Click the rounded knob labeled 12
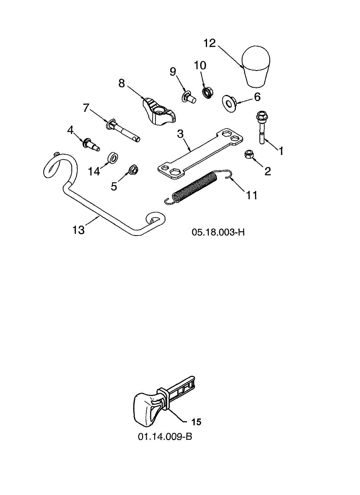(x=255, y=67)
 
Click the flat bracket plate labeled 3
(x=199, y=153)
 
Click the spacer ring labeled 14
(x=113, y=158)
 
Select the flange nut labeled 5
(x=133, y=170)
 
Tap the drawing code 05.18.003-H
(x=218, y=232)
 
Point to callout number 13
(x=78, y=230)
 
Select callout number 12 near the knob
(x=210, y=43)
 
